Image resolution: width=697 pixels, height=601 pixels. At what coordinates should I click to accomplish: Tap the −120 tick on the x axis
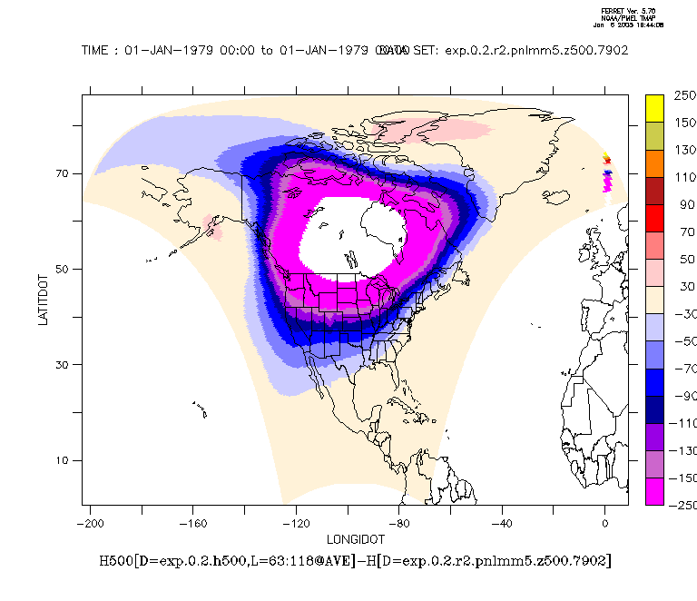click(296, 524)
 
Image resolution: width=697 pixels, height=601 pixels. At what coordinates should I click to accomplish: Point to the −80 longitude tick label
click(398, 524)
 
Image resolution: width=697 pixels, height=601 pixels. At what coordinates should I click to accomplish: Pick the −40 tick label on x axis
click(502, 524)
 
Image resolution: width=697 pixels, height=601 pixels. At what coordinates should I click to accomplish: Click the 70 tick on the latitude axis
click(64, 173)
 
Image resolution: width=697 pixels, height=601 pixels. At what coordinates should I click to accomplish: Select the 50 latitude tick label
click(64, 269)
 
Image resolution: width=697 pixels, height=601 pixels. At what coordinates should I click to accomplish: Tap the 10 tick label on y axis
click(64, 460)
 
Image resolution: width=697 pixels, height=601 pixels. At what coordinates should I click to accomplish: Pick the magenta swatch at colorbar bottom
click(658, 490)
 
